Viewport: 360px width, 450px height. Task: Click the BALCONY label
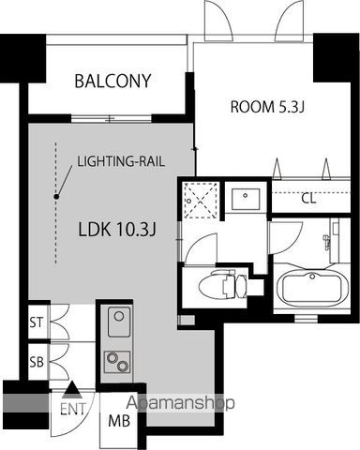click(112, 81)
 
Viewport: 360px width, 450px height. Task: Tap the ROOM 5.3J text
click(267, 107)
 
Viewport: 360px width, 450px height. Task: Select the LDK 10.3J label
click(117, 230)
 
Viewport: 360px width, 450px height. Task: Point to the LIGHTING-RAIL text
click(121, 161)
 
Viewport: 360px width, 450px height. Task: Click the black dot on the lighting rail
click(56, 197)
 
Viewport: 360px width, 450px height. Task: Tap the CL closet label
click(308, 198)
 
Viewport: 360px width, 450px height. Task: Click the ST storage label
click(37, 322)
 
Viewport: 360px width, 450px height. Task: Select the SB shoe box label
click(37, 362)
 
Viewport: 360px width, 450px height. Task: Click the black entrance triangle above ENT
click(71, 389)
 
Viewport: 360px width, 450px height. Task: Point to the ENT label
click(73, 409)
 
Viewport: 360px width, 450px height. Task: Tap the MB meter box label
click(119, 421)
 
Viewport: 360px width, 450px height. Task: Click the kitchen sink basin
click(119, 322)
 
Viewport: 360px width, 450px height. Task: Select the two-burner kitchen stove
click(117, 362)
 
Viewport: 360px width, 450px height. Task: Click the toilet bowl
click(214, 284)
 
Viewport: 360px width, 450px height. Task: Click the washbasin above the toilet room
click(246, 199)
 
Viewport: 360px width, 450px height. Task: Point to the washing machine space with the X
click(200, 200)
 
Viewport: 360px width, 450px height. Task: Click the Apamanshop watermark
click(180, 403)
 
